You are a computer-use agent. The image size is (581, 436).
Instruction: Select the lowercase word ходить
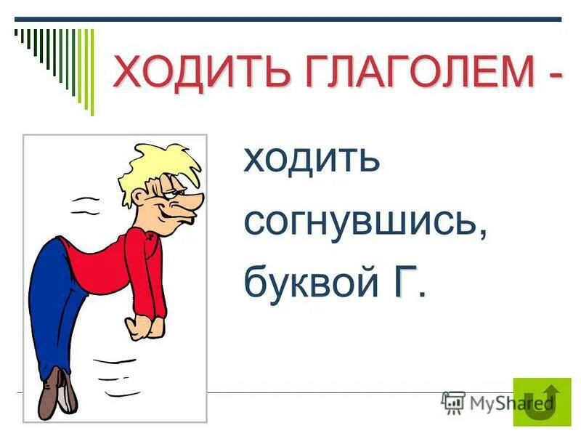312,158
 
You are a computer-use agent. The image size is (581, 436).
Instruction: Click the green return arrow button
542,402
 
